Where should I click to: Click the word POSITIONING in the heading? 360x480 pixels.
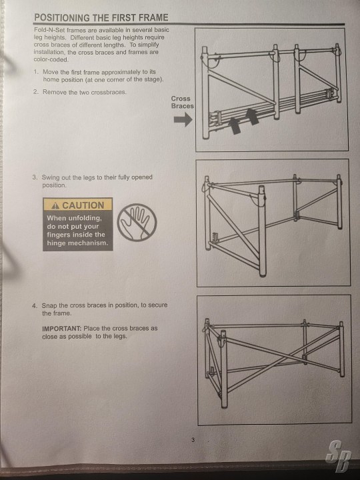pyautogui.click(x=62, y=17)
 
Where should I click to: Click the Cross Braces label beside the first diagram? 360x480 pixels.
pyautogui.click(x=182, y=102)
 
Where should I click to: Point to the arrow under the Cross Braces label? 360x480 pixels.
pyautogui.click(x=183, y=119)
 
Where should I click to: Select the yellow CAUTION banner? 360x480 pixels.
pyautogui.click(x=78, y=205)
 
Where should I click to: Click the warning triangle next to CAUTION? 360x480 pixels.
pyautogui.click(x=55, y=205)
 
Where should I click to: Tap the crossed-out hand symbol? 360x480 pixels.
pyautogui.click(x=137, y=223)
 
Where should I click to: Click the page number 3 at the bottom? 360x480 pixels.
pyautogui.click(x=193, y=440)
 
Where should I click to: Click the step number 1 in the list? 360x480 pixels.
pyautogui.click(x=36, y=72)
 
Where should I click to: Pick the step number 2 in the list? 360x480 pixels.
pyautogui.click(x=35, y=92)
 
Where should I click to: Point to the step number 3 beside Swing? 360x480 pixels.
pyautogui.click(x=35, y=177)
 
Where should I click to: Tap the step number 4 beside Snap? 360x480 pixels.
pyautogui.click(x=35, y=305)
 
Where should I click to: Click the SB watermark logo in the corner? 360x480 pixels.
pyautogui.click(x=339, y=456)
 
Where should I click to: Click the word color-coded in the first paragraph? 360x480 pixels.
pyautogui.click(x=51, y=60)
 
